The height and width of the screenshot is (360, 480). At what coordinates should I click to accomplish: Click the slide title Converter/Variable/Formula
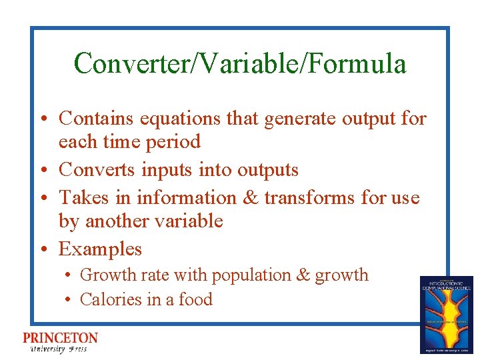pos(240,64)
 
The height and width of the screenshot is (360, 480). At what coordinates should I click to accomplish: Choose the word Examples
pos(100,249)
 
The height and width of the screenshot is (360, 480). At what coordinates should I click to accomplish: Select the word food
pos(195,299)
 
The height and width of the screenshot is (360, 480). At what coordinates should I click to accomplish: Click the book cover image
pos(446,314)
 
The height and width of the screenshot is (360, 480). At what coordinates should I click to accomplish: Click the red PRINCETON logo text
pos(60,338)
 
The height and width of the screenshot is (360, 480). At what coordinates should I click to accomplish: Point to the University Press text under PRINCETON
pos(58,349)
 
